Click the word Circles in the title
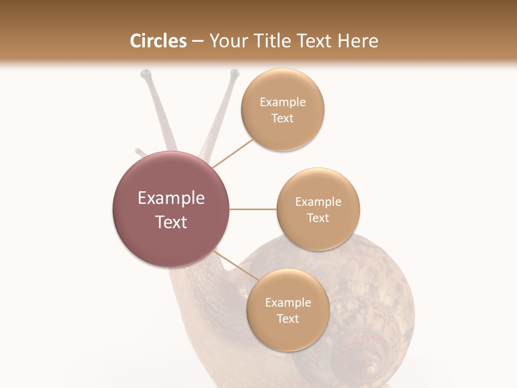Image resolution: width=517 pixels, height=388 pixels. [x=158, y=41]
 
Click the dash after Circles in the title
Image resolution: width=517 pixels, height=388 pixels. [x=198, y=41]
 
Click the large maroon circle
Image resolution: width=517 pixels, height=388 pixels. [x=171, y=209]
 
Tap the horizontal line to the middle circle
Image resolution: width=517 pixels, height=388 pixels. [x=253, y=209]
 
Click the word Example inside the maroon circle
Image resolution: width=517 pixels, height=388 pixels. [x=171, y=198]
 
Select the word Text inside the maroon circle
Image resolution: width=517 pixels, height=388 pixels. [x=171, y=221]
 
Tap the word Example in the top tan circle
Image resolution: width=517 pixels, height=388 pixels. [x=283, y=102]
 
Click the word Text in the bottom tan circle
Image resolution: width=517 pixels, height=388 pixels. [x=288, y=318]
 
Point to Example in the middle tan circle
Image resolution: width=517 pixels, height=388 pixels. [x=318, y=202]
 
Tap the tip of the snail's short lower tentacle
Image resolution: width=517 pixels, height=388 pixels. [x=138, y=151]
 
